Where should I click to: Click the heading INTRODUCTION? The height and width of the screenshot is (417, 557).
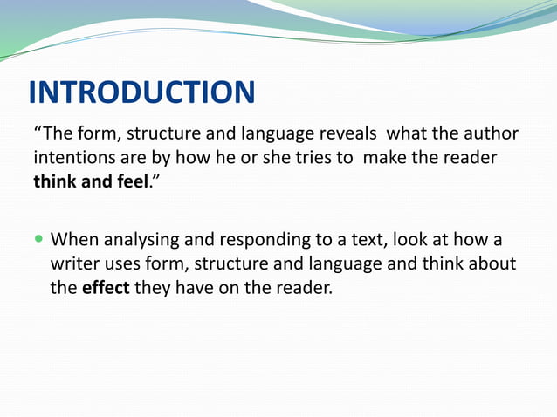pos(141,92)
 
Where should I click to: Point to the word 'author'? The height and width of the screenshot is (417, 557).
pos(489,134)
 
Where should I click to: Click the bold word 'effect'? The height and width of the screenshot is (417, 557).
pos(105,288)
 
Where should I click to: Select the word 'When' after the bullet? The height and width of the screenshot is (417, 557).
pos(73,239)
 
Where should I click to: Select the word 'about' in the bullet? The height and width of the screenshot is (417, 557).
pos(492,263)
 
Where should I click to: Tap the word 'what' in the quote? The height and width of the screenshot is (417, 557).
pos(410,134)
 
